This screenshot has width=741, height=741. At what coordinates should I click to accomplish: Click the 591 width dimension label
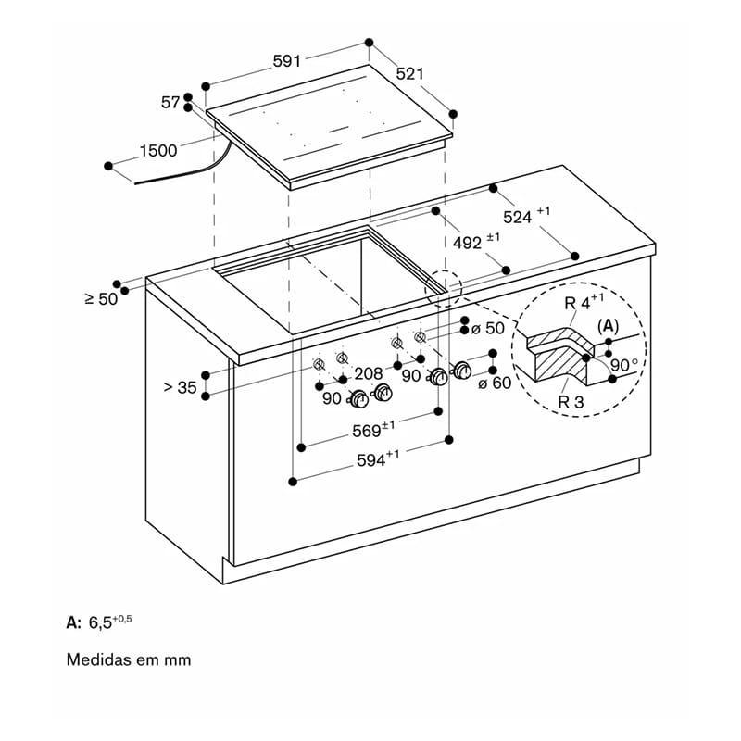287,61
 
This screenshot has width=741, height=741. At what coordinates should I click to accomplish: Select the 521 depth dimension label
409,74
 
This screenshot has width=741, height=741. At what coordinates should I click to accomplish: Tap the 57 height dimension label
170,103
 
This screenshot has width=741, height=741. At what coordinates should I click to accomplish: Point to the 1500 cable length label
158,151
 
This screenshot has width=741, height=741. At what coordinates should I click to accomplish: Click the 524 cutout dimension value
518,218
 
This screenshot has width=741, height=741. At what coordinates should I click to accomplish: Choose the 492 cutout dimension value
468,243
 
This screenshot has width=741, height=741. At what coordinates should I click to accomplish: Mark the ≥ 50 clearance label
101,298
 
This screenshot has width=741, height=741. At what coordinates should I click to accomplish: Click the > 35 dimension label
180,387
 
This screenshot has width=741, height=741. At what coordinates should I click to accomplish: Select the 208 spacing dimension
368,374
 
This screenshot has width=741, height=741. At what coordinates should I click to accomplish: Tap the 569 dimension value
366,431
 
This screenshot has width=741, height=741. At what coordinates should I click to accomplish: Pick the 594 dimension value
371,460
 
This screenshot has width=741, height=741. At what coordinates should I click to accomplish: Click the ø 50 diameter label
488,328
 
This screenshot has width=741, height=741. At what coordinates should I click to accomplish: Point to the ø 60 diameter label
495,383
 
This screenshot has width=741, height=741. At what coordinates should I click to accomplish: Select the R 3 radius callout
571,402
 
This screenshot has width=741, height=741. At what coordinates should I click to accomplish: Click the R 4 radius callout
577,303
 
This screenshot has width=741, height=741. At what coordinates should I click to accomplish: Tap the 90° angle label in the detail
624,365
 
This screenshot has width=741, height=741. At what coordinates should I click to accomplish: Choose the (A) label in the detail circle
609,326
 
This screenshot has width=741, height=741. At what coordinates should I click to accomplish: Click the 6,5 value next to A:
100,622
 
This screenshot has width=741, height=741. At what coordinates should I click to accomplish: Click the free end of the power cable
135,182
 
